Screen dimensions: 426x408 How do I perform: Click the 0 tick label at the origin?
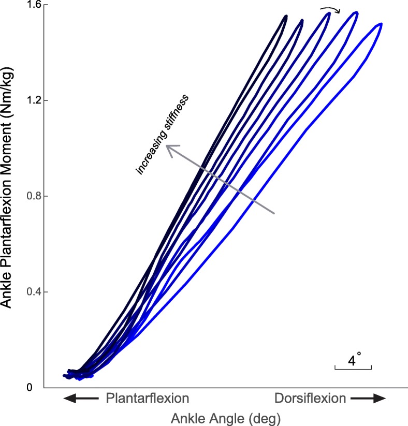point(30,388)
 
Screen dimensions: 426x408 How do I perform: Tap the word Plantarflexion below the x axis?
point(147,398)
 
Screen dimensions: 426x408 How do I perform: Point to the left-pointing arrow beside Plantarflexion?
point(80,398)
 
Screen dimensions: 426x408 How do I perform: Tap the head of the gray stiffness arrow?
point(167,146)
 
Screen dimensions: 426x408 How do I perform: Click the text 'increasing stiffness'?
point(163,134)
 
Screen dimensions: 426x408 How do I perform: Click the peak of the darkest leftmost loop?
point(286,16)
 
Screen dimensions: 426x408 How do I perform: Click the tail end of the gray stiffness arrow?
point(274,213)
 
